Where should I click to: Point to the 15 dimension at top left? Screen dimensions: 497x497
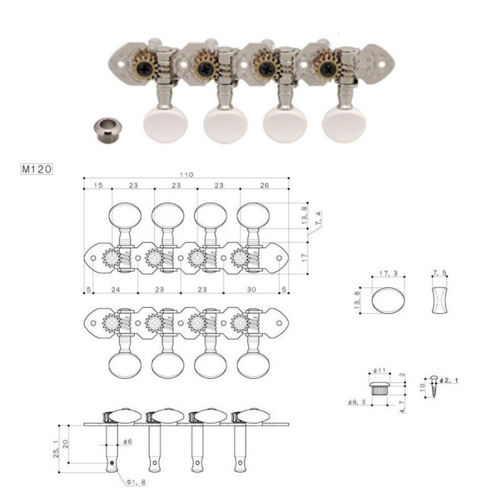click(x=98, y=185)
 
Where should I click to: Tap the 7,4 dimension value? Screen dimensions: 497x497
click(x=319, y=219)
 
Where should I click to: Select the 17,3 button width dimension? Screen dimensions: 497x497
click(x=389, y=273)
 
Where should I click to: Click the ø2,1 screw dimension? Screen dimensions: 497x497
click(x=449, y=379)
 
